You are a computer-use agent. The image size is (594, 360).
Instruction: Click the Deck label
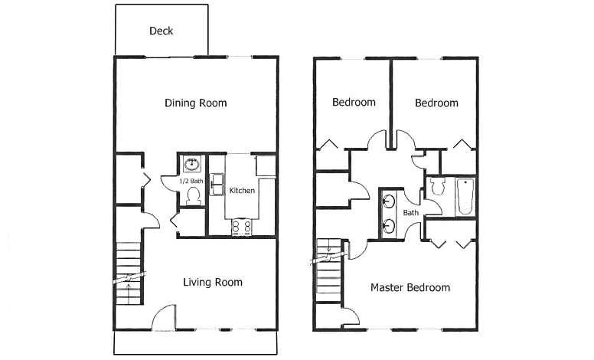pos(162,31)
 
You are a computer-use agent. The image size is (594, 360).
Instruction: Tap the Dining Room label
pos(195,103)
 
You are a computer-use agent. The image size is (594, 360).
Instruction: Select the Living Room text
pos(213,283)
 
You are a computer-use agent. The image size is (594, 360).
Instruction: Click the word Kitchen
pos(242,191)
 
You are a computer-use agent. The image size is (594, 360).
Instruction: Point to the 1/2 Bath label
pos(191,181)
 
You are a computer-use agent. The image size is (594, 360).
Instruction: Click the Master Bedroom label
pos(410,288)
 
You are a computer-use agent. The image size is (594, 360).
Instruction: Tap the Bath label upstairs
pos(410,213)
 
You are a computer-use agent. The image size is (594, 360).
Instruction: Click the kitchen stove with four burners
pos(242,227)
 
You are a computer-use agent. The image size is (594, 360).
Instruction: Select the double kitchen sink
pos(217,185)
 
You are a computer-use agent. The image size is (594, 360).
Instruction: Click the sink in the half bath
pos(191,164)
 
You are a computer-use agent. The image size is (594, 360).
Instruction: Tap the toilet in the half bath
pos(194,197)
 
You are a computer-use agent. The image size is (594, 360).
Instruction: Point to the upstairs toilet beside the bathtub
pos(438,186)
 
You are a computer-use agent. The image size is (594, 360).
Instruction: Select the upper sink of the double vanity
pos(389,201)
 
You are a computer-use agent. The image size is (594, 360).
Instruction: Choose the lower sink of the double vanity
pos(389,226)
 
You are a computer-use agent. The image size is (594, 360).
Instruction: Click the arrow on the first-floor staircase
pos(129,293)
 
